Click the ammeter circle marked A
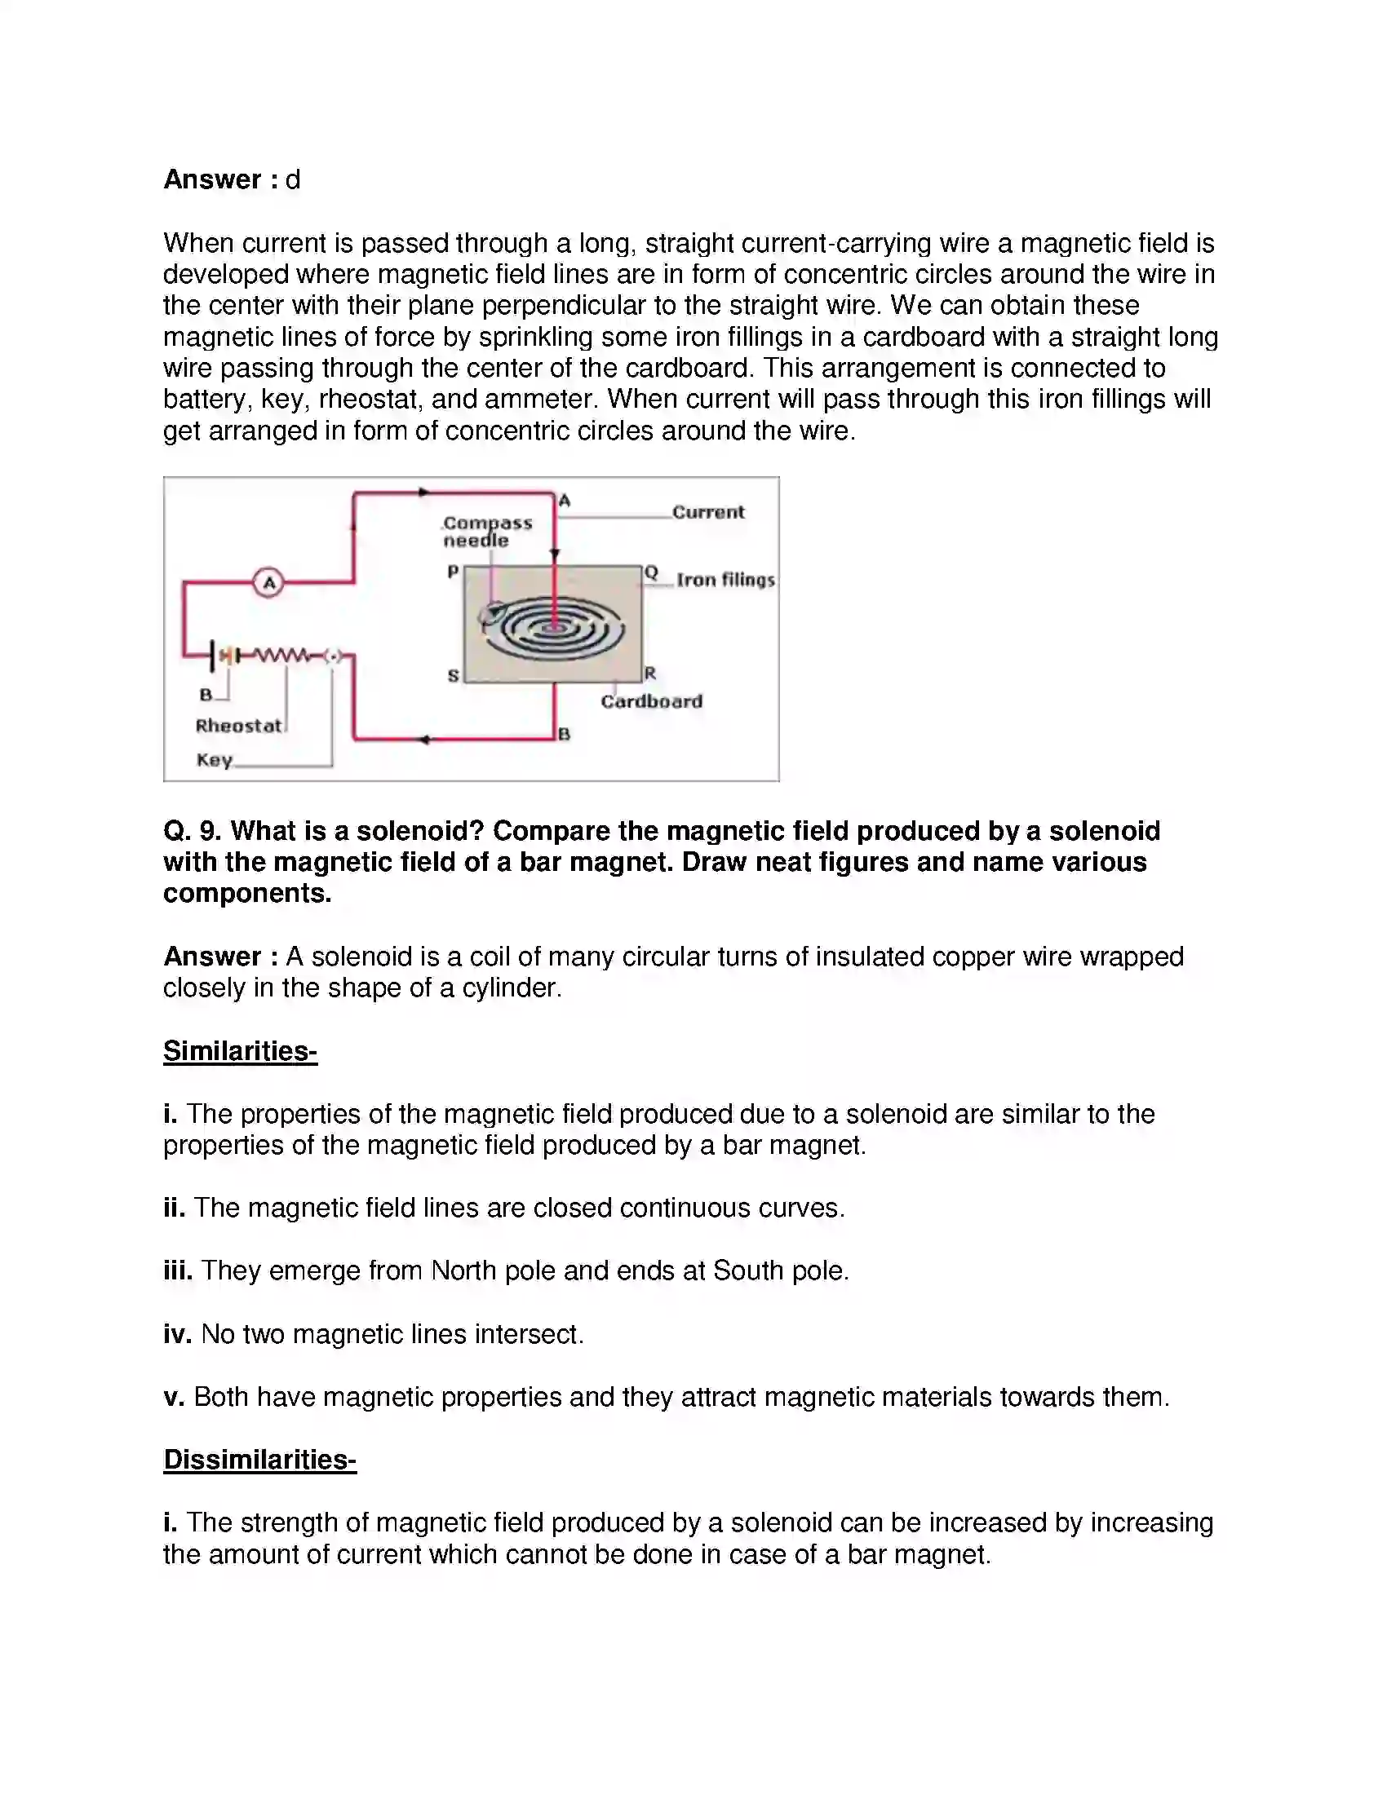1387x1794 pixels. (268, 582)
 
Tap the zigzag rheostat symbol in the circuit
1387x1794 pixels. (282, 656)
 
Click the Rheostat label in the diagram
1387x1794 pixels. (238, 725)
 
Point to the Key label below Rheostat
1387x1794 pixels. (215, 760)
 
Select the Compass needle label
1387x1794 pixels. (486, 532)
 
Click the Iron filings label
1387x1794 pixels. (725, 580)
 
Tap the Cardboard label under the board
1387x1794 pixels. (652, 701)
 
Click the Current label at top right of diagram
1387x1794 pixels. (708, 512)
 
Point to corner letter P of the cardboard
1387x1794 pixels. (453, 571)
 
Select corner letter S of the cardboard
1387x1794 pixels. (453, 676)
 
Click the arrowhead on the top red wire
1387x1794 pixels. (424, 493)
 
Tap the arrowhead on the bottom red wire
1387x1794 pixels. (424, 740)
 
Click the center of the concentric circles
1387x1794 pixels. (555, 630)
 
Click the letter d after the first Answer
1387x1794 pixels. (293, 179)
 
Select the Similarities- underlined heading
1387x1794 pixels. (240, 1050)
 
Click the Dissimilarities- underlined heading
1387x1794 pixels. (259, 1459)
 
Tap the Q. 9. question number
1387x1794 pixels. (193, 830)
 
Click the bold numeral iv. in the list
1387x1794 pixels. (178, 1333)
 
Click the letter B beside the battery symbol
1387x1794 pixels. (206, 695)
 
